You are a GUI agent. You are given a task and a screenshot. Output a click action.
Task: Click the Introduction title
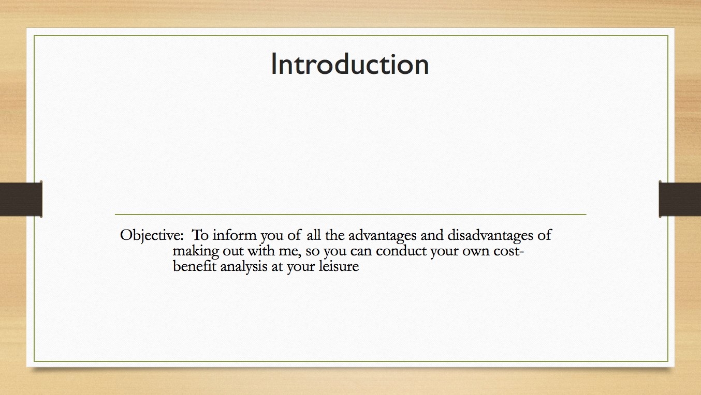point(349,64)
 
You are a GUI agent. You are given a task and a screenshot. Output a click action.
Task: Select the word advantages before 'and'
point(383,236)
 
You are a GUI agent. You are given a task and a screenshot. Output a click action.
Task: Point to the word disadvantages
point(490,236)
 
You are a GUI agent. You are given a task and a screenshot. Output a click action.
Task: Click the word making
point(196,251)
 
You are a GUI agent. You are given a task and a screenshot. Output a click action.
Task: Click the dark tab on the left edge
point(21,199)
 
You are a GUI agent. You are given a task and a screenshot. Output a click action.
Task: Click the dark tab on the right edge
point(680,199)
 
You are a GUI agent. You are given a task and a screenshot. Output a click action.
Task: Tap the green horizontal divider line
point(350,215)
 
